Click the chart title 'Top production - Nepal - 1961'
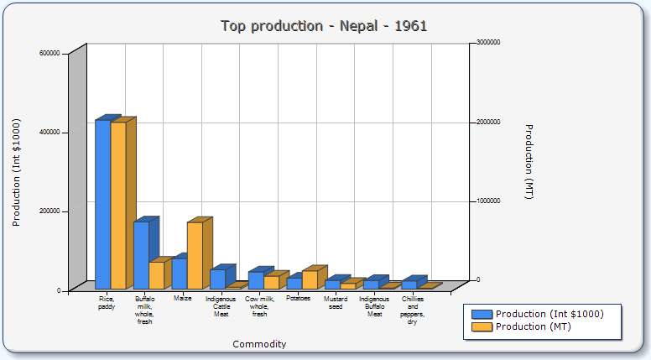coord(324,26)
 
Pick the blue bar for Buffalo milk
coord(141,255)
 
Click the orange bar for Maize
coord(195,256)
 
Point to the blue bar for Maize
coord(179,274)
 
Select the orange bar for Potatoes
coord(310,280)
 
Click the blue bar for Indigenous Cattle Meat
coord(217,279)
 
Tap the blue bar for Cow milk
coord(256,280)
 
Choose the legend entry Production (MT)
coord(533,326)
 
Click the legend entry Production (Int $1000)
coord(549,314)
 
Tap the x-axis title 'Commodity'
coord(259,344)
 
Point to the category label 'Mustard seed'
coord(336,302)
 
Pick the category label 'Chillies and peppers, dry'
coord(412,310)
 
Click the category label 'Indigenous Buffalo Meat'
coord(374,306)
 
